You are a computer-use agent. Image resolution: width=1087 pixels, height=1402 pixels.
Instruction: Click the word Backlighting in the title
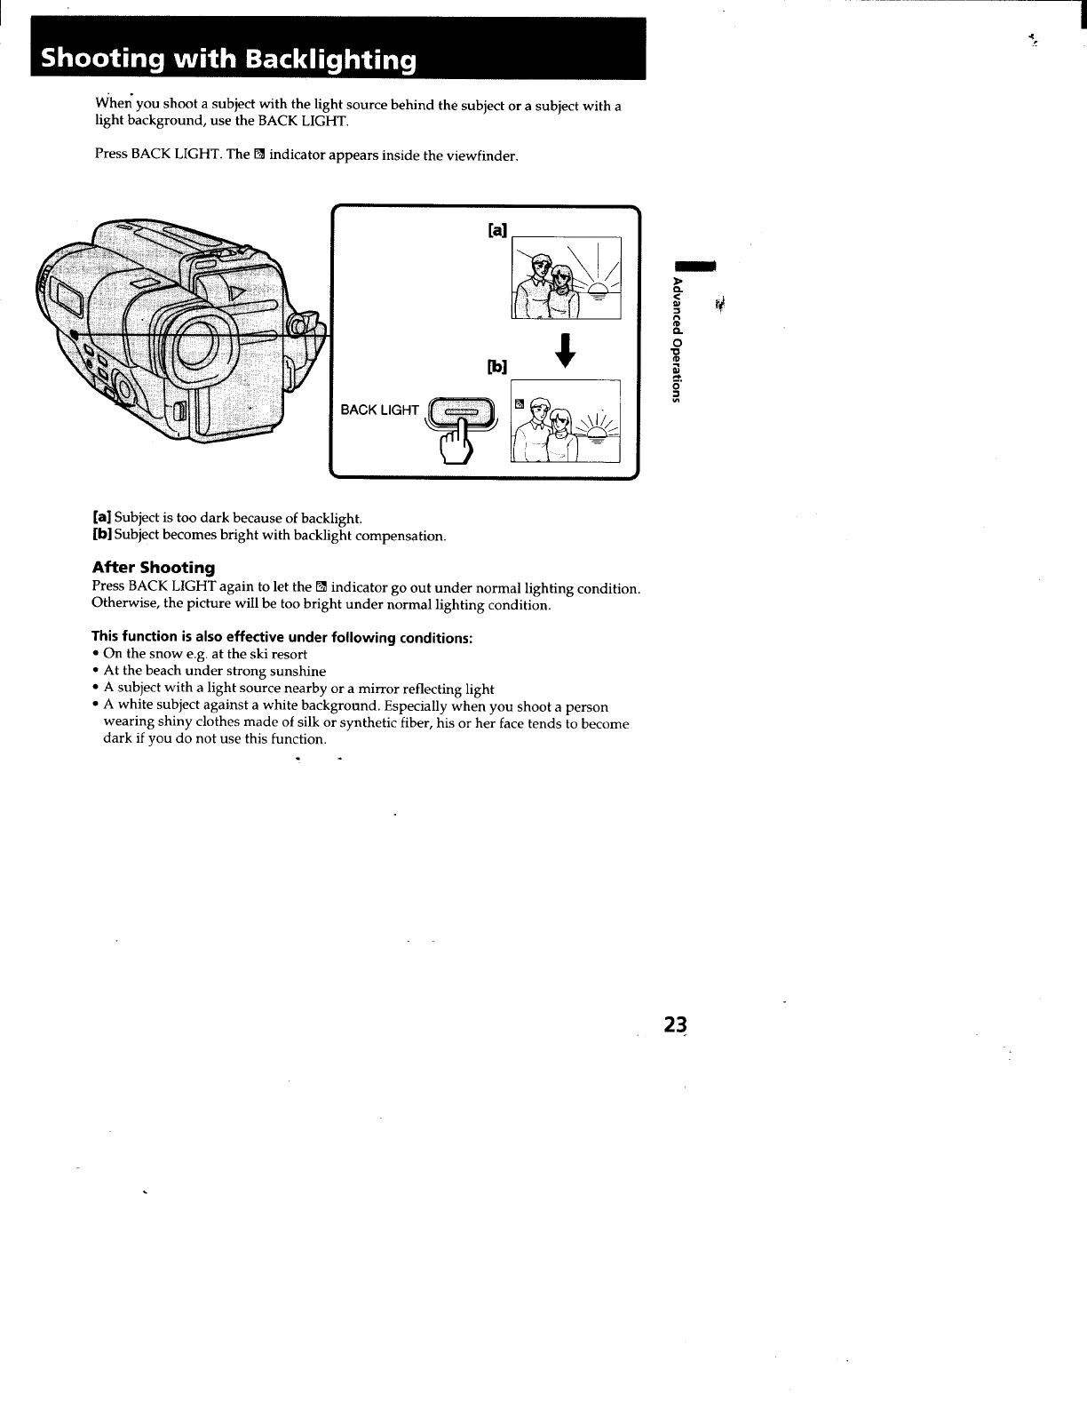tap(330, 60)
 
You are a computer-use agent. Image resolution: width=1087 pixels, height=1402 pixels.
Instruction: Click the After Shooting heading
tap(154, 567)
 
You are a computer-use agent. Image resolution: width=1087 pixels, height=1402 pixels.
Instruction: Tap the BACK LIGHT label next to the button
tap(379, 410)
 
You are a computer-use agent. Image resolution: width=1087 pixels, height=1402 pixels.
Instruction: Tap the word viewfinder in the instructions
tap(482, 155)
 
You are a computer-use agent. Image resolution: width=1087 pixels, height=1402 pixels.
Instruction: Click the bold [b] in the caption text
tap(102, 536)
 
